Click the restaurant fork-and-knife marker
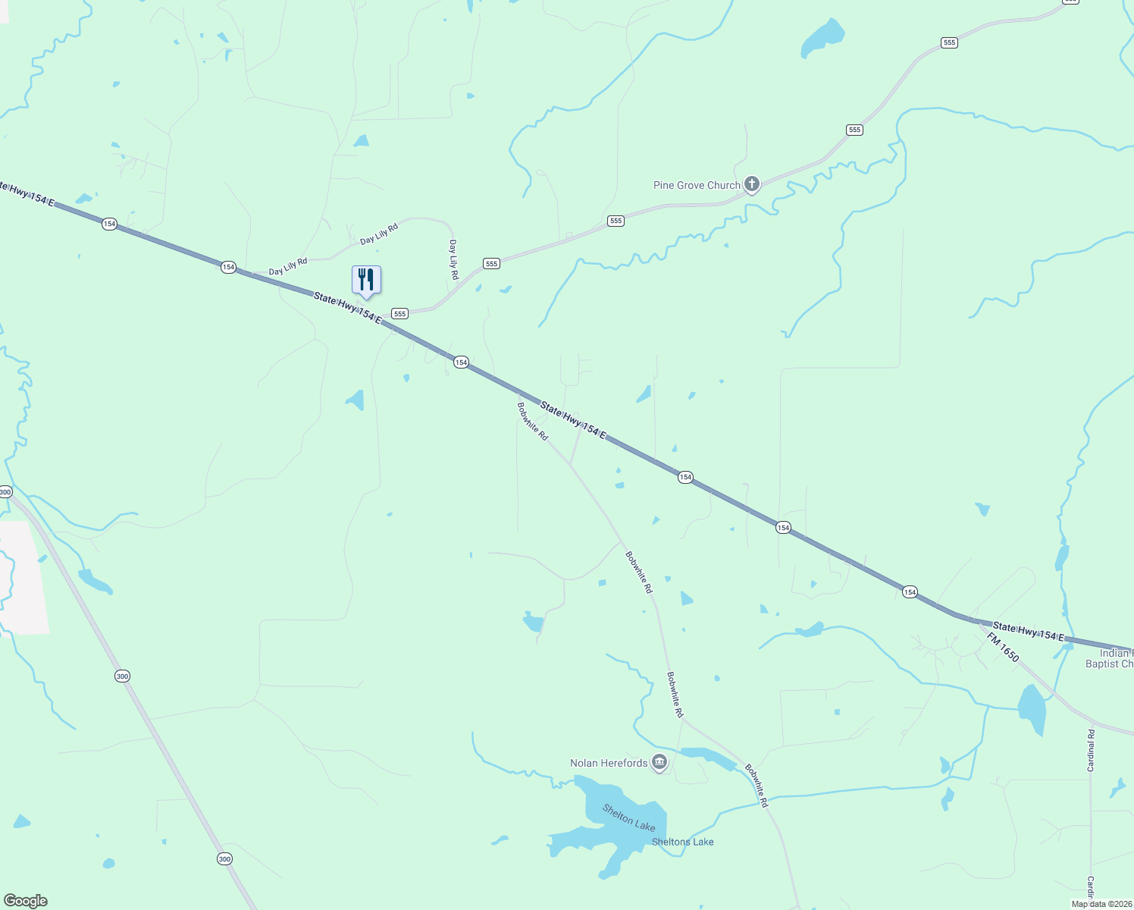point(366,280)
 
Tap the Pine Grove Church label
point(696,185)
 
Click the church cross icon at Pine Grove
point(751,184)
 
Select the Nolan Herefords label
point(609,763)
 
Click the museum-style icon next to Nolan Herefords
point(659,762)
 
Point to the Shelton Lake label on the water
point(628,817)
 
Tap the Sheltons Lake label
point(682,842)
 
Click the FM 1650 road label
point(1003,647)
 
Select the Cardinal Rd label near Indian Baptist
point(1091,750)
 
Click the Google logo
point(26,901)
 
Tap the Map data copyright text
point(1101,904)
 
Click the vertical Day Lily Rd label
point(453,259)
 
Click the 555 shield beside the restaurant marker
point(400,313)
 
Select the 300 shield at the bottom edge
point(224,858)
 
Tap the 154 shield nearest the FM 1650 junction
point(910,591)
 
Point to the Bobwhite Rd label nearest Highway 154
point(532,421)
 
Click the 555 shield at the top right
point(949,42)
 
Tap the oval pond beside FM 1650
point(1032,708)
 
